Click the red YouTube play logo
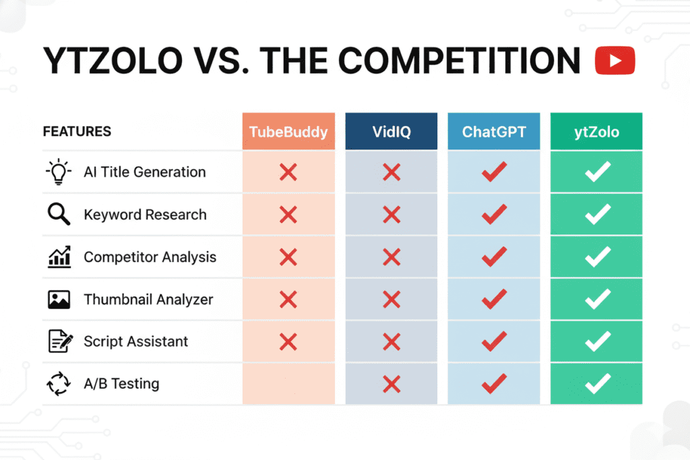pyautogui.click(x=615, y=60)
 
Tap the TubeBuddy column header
pyautogui.click(x=288, y=131)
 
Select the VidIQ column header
pyautogui.click(x=391, y=131)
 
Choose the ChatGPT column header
pyautogui.click(x=494, y=131)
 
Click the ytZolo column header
pyautogui.click(x=596, y=131)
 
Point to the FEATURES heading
pyautogui.click(x=77, y=131)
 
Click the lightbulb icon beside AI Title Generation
pyautogui.click(x=59, y=172)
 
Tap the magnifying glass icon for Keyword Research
pyautogui.click(x=59, y=214)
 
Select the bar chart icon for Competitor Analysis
pyautogui.click(x=59, y=257)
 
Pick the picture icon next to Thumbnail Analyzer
pyautogui.click(x=59, y=300)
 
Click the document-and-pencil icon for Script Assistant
pyautogui.click(x=60, y=341)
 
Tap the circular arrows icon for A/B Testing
pyautogui.click(x=59, y=384)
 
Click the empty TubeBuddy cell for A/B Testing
pyautogui.click(x=288, y=383)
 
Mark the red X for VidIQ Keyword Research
pyautogui.click(x=391, y=215)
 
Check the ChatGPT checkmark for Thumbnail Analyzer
pyautogui.click(x=494, y=298)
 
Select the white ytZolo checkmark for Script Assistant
pyautogui.click(x=598, y=341)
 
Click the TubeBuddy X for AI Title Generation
pyautogui.click(x=288, y=172)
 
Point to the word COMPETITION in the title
pyautogui.click(x=460, y=61)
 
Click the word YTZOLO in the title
pyautogui.click(x=113, y=61)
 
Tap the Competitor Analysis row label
pyautogui.click(x=150, y=257)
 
